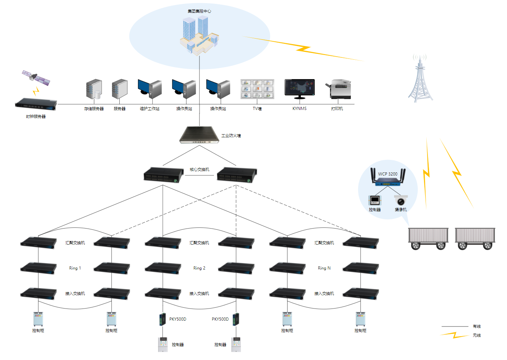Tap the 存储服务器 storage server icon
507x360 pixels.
pyautogui.click(x=94, y=89)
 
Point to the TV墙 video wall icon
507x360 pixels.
pyautogui.click(x=257, y=89)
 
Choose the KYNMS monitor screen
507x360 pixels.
pyautogui.click(x=299, y=89)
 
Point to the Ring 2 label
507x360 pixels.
pyautogui.click(x=199, y=268)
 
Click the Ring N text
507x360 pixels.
pyautogui.click(x=324, y=268)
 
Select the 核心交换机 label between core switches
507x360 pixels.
pyautogui.click(x=200, y=170)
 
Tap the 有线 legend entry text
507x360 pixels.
pyautogui.click(x=477, y=326)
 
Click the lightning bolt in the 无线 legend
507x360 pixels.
pyautogui.click(x=454, y=335)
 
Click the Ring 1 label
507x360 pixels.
pyautogui.click(x=75, y=268)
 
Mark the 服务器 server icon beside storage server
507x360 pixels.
pyautogui.click(x=120, y=89)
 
